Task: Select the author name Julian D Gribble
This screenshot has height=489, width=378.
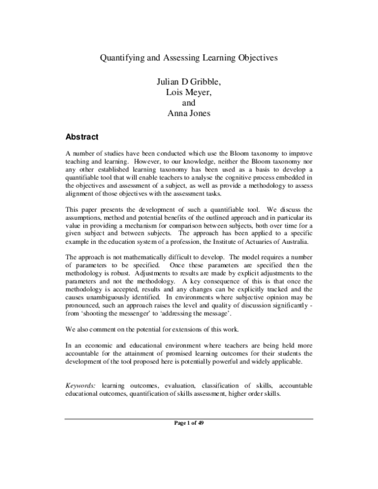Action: pyautogui.click(x=190, y=82)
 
